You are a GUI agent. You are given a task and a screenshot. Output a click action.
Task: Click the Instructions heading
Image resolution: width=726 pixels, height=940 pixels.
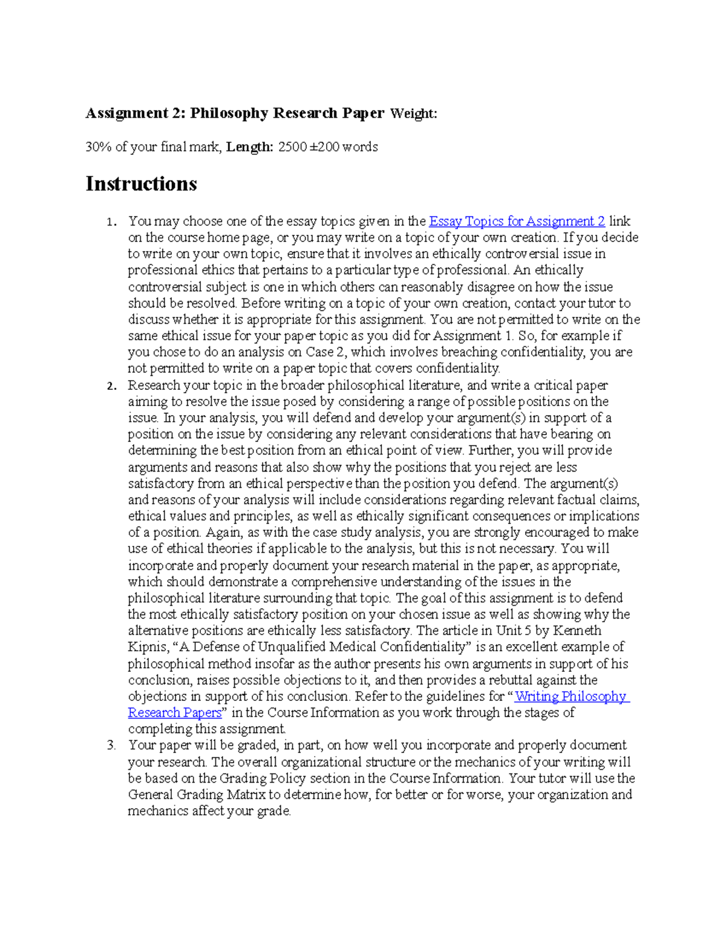coord(141,183)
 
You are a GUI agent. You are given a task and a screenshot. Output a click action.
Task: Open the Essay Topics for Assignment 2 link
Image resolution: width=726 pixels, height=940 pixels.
coord(517,222)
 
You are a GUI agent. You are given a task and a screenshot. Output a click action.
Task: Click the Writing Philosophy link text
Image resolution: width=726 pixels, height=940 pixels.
coord(571,697)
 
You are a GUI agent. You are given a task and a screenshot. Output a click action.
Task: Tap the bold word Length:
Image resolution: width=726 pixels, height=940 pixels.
coord(250,147)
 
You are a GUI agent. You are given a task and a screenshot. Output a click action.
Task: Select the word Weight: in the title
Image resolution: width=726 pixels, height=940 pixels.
coord(413,114)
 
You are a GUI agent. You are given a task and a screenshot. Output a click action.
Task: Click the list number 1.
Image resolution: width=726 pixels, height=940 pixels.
coord(110,222)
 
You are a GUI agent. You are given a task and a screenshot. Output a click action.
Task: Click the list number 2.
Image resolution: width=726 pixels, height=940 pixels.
coord(111,386)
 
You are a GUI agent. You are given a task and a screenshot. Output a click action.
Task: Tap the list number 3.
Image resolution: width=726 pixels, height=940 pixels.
coord(111,746)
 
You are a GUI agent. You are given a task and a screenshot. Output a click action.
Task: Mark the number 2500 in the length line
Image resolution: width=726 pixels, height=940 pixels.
coord(292,147)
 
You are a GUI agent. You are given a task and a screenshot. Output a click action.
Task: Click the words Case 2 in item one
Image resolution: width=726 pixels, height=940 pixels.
coord(326,352)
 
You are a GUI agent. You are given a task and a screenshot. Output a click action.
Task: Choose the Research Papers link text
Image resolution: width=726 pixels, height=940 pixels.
coord(175,713)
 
